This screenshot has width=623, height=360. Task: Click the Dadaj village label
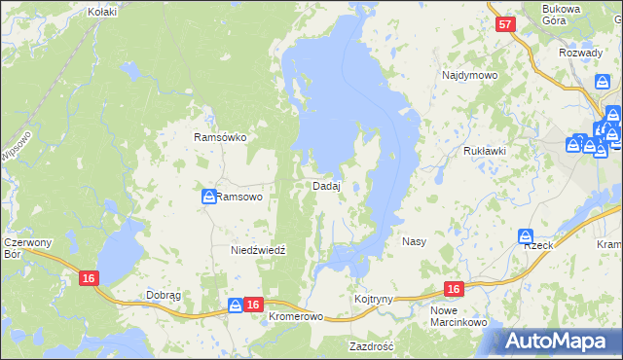coord(326,186)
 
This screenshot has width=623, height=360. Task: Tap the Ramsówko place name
coord(220,138)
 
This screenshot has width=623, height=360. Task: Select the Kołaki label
coord(102,12)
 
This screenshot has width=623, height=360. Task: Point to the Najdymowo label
coord(470,75)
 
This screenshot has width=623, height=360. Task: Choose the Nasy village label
coord(414,240)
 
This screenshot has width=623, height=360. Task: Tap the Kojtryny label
coord(374,299)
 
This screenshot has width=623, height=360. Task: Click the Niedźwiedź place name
coord(258,250)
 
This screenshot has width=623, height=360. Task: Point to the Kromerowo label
coord(295,317)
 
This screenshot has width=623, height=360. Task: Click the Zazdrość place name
coord(371,346)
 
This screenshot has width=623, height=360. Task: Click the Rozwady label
coord(581,53)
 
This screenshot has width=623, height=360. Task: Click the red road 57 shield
coord(503,26)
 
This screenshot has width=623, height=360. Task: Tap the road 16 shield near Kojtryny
coord(454,289)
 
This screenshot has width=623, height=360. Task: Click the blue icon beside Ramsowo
coord(208,197)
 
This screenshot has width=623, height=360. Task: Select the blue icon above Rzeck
coord(526,235)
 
